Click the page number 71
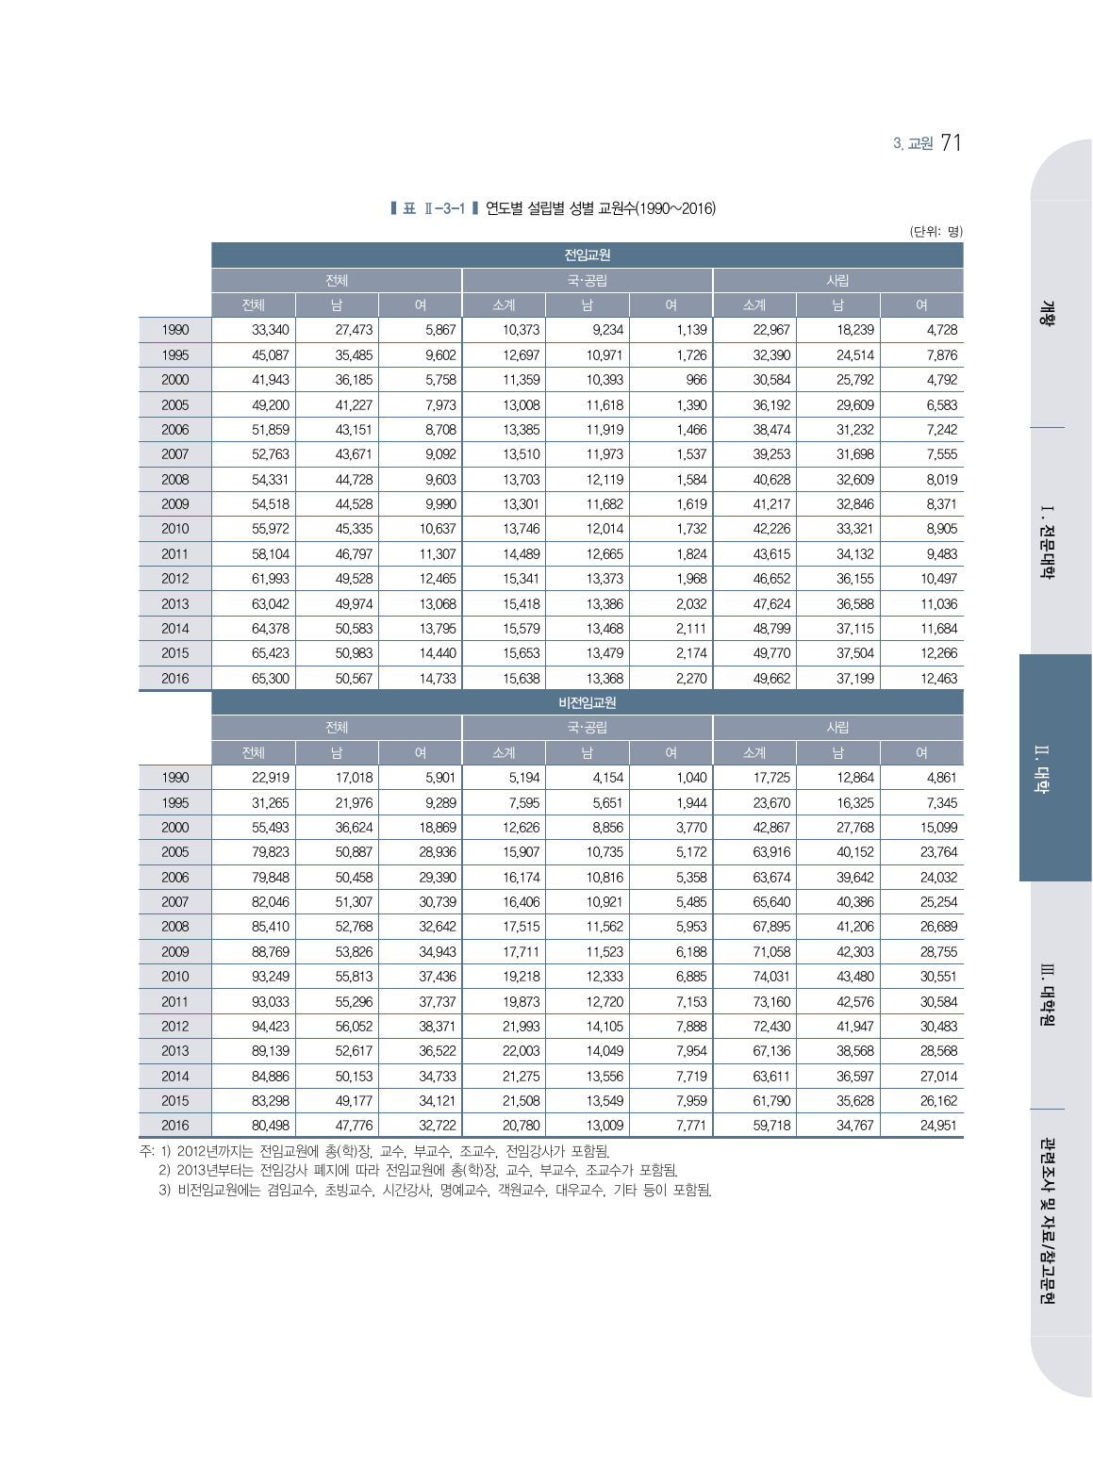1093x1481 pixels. click(951, 142)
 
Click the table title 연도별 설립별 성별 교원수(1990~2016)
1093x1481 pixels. click(600, 208)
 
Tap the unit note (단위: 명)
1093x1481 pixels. click(936, 231)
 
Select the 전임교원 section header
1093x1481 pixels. click(587, 255)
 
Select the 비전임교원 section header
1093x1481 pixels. click(587, 702)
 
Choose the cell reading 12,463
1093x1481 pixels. click(938, 679)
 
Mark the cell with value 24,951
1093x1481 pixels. click(938, 1126)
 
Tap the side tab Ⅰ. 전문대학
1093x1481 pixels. click(1046, 542)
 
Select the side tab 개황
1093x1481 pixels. click(1047, 313)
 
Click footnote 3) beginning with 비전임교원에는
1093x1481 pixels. click(435, 1191)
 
